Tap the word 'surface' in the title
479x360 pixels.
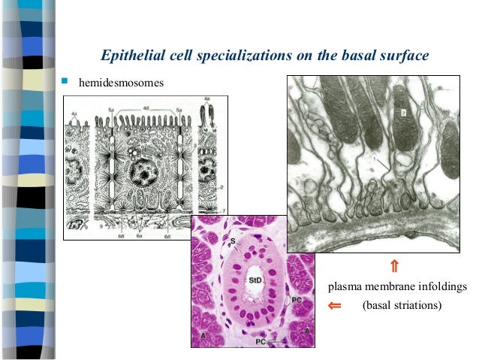[406, 56]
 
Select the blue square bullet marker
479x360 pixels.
[65, 77]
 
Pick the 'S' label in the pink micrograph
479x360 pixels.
[232, 241]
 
